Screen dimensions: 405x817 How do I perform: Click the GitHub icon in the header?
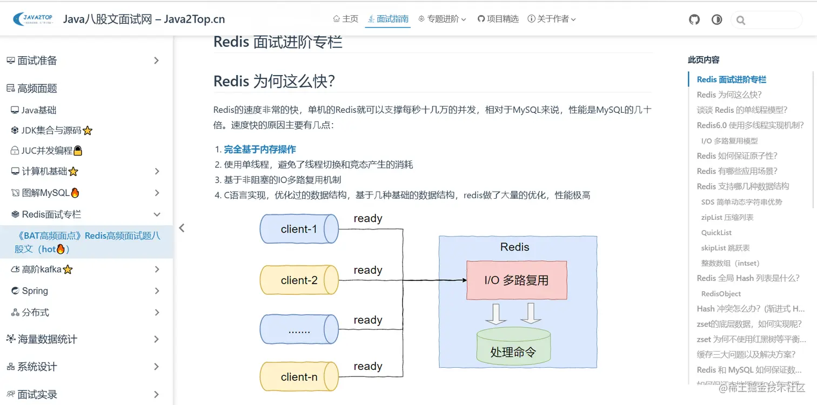click(x=694, y=20)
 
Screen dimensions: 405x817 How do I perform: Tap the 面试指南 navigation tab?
click(x=387, y=19)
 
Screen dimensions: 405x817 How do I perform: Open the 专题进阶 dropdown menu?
click(x=442, y=19)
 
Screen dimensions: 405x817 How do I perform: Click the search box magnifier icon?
click(x=741, y=21)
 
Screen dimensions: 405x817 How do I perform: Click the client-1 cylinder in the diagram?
click(x=299, y=229)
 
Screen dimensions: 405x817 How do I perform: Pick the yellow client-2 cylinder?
click(x=299, y=280)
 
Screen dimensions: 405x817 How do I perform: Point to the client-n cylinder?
click(x=299, y=377)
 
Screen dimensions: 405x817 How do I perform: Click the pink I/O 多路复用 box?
click(x=517, y=280)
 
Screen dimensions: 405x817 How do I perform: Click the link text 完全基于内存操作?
click(x=260, y=150)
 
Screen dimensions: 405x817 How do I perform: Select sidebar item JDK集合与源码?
click(x=51, y=130)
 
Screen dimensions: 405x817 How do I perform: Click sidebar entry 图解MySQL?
click(x=45, y=193)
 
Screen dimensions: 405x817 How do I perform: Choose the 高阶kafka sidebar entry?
click(x=42, y=269)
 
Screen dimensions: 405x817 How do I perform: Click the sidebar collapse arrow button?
click(x=182, y=228)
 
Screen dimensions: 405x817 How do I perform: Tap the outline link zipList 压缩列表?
click(x=727, y=217)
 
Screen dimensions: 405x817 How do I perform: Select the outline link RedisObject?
click(x=721, y=294)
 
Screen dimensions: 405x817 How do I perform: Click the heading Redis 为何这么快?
click(x=274, y=82)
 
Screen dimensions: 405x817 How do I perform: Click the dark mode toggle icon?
click(x=716, y=20)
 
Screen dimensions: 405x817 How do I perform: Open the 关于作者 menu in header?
click(x=552, y=19)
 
